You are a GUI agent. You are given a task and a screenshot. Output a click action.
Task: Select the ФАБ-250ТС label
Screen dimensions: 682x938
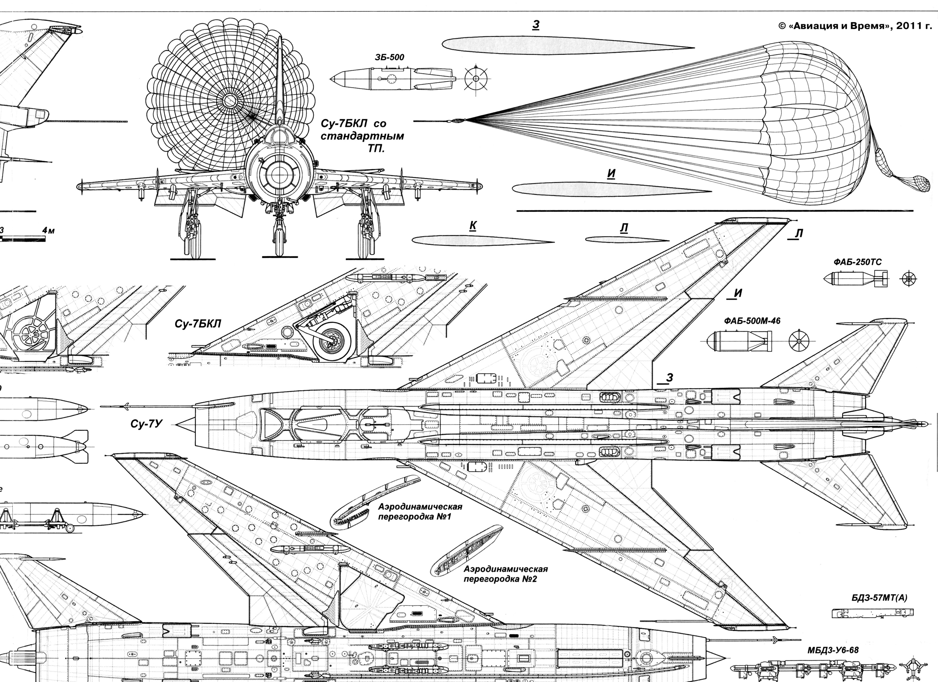click(857, 262)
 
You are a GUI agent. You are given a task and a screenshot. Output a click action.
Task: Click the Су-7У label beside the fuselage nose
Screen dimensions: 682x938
click(145, 424)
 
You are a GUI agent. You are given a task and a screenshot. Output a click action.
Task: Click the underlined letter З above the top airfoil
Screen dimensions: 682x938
click(535, 25)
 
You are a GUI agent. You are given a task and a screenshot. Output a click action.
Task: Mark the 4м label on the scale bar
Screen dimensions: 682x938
click(49, 230)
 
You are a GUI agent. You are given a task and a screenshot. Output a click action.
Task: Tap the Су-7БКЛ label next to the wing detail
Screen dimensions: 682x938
click(198, 323)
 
